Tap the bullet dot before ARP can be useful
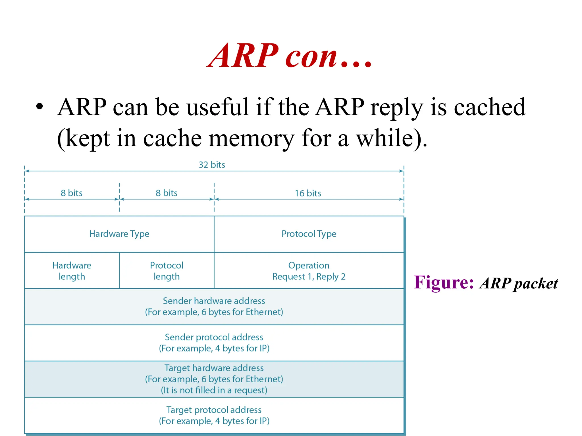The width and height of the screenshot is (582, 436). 40,107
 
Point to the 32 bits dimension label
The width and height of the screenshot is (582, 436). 212,165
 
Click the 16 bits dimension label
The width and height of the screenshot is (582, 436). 308,193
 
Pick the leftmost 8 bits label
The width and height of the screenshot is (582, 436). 71,193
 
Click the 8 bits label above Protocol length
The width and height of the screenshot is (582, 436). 166,193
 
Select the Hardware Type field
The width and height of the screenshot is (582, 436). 119,234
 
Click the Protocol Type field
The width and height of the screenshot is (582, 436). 309,234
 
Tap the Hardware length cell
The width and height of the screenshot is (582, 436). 72,271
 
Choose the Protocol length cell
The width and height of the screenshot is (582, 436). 167,271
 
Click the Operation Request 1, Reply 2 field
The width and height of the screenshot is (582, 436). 309,271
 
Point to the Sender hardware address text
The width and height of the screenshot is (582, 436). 214,301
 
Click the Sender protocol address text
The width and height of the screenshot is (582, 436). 214,337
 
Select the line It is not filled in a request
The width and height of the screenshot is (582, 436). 214,390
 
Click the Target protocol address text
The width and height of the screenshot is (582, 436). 214,410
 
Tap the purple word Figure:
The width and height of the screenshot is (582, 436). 444,283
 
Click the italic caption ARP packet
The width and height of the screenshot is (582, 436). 519,284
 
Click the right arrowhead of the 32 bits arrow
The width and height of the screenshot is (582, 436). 402,171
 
